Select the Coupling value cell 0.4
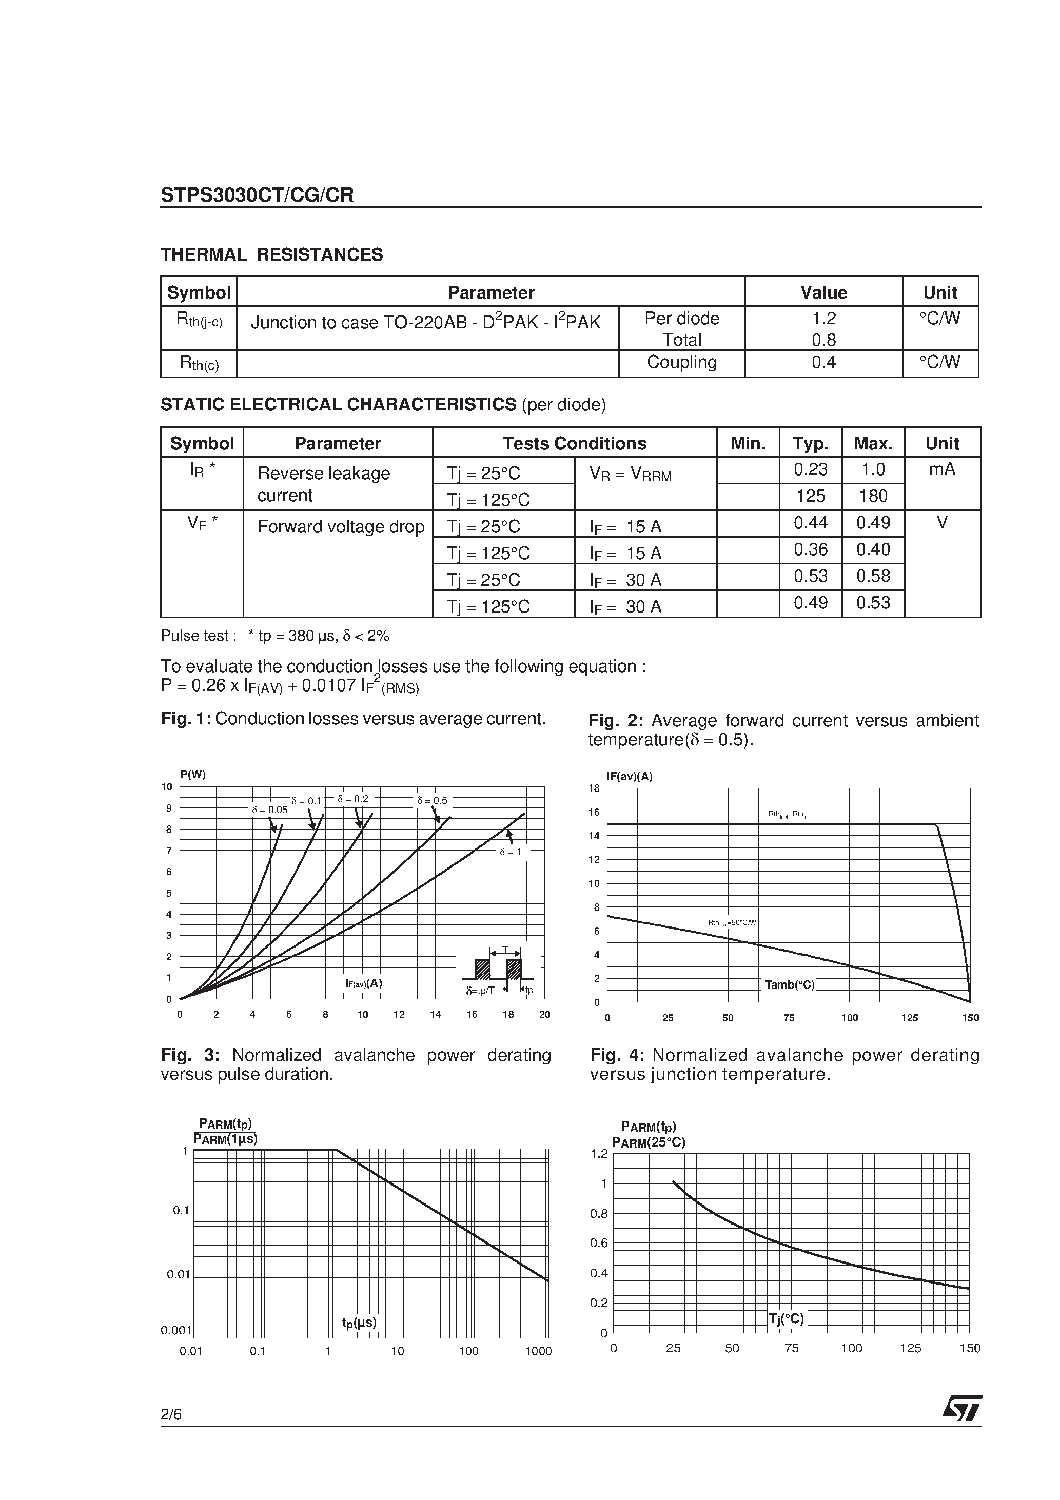pyautogui.click(x=823, y=362)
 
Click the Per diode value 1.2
pyautogui.click(x=823, y=318)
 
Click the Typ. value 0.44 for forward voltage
pyautogui.click(x=810, y=523)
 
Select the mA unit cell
pyautogui.click(x=941, y=469)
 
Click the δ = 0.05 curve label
pyautogui.click(x=269, y=810)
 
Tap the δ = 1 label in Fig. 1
pyautogui.click(x=511, y=852)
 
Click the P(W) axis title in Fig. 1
pyautogui.click(x=193, y=774)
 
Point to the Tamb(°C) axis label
pyautogui.click(x=790, y=984)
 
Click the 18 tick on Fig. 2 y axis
pyautogui.click(x=594, y=788)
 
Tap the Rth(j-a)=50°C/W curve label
pyautogui.click(x=732, y=922)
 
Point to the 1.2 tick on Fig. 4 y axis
pyautogui.click(x=599, y=1154)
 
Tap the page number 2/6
pyautogui.click(x=171, y=1414)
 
